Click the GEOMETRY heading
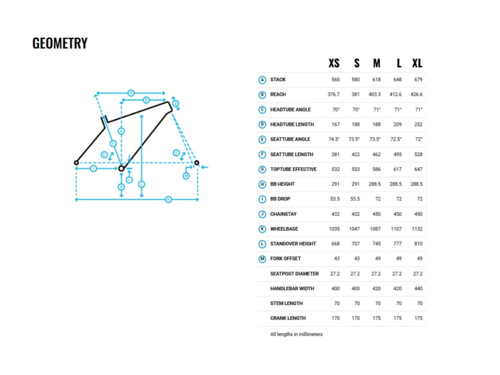pyautogui.click(x=60, y=43)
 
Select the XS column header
pyautogui.click(x=334, y=63)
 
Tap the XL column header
pyautogui.click(x=417, y=63)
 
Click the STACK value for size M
pyautogui.click(x=376, y=80)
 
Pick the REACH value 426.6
pyautogui.click(x=417, y=94)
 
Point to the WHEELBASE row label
pyautogui.click(x=284, y=229)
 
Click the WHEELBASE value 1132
pyautogui.click(x=417, y=229)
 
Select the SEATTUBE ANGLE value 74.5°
pyautogui.click(x=334, y=139)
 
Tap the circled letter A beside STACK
pyautogui.click(x=262, y=80)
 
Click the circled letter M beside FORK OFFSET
pyautogui.click(x=262, y=259)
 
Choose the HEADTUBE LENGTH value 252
pyautogui.click(x=418, y=125)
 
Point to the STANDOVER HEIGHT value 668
pyautogui.click(x=335, y=244)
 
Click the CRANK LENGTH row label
pyautogui.click(x=288, y=318)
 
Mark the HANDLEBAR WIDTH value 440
pyautogui.click(x=418, y=289)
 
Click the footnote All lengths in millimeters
pyautogui.click(x=296, y=334)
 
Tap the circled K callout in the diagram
pyautogui.click(x=168, y=200)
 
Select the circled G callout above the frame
pyautogui.click(x=131, y=93)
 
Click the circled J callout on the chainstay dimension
pyautogui.click(x=93, y=168)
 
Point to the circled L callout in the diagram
pyautogui.click(x=142, y=184)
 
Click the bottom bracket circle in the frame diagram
pyautogui.click(x=121, y=168)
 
